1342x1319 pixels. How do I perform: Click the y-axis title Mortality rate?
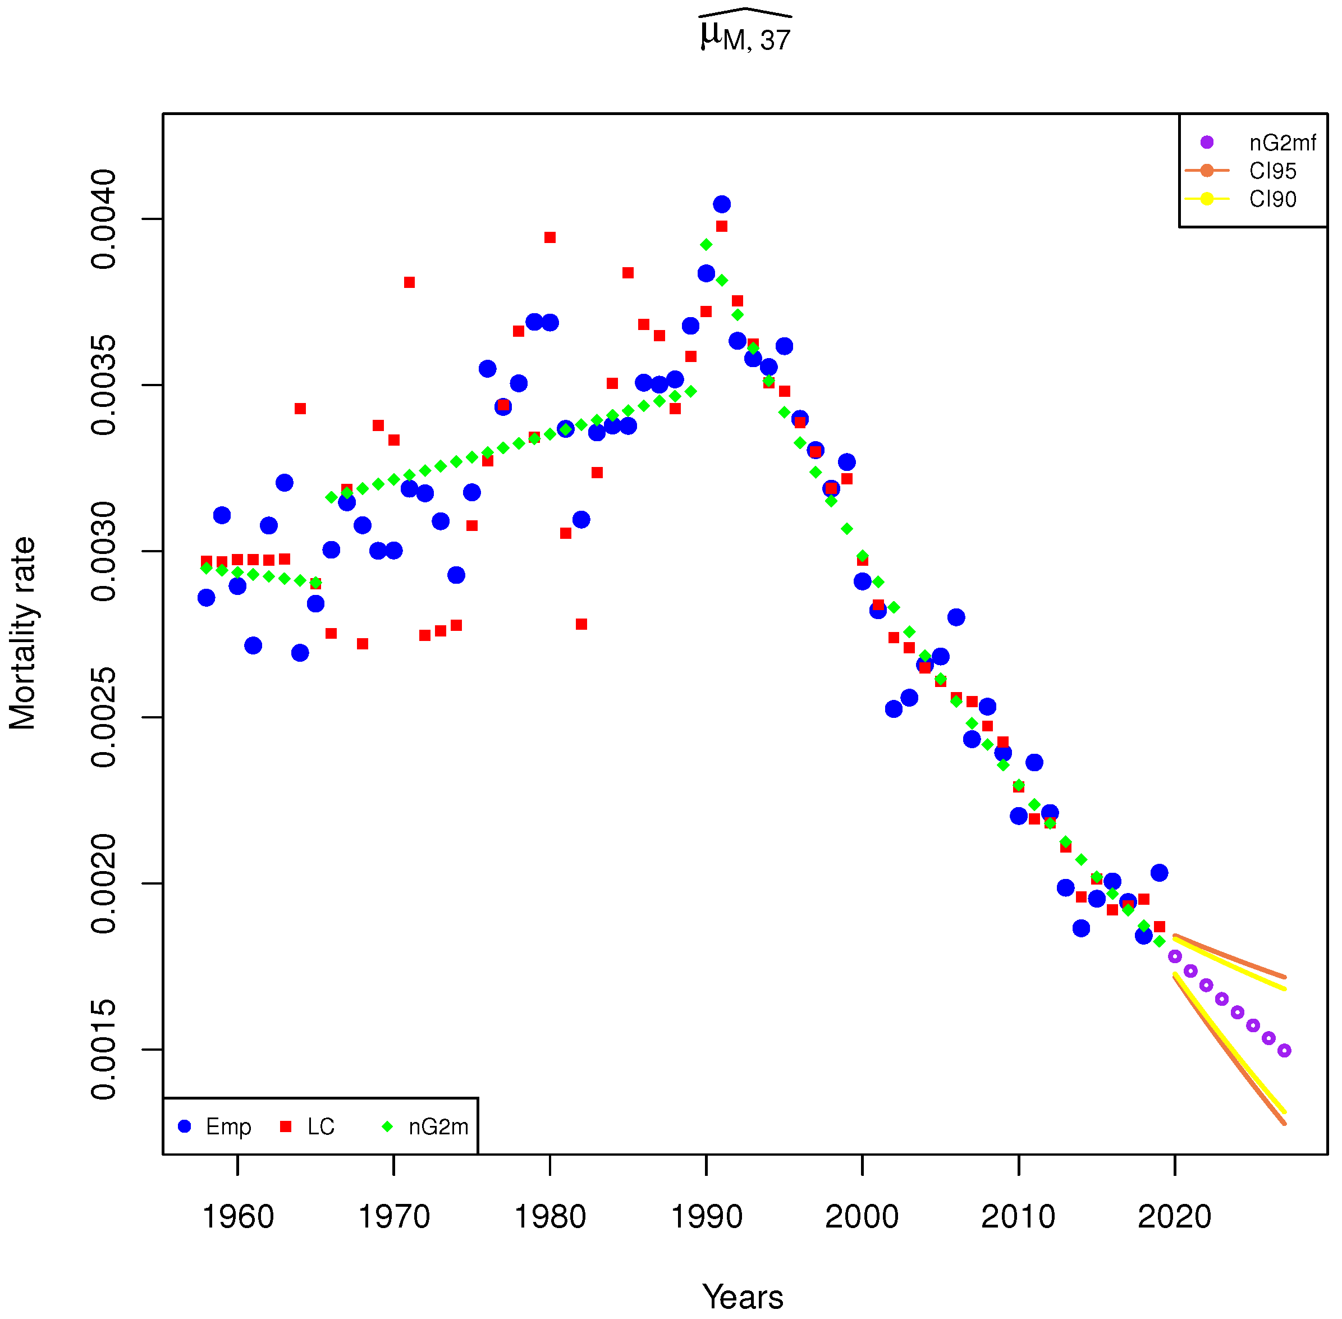(22, 633)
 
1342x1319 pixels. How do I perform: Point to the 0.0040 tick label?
(104, 219)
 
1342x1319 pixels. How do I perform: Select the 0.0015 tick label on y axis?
(104, 1050)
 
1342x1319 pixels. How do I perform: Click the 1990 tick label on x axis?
(706, 1216)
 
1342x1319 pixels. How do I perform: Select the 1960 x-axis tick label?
(237, 1216)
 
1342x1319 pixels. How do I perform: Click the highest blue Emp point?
(721, 204)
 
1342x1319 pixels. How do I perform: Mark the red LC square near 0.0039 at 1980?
(549, 237)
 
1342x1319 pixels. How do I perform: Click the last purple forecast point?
(1284, 1051)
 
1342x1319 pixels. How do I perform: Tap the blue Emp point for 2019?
(1159, 873)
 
